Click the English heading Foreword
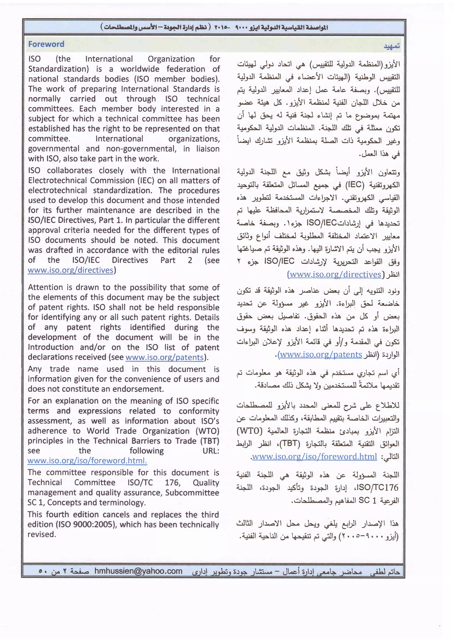[46, 44]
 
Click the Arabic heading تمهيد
[392, 46]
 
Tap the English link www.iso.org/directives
[70, 270]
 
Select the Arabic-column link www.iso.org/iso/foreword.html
[314, 457]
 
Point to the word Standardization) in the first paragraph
[58, 69]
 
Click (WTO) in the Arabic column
[249, 431]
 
